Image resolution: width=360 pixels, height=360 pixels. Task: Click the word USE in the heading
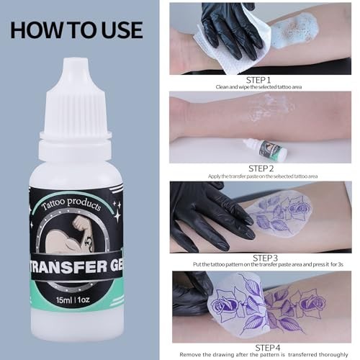pos(122,30)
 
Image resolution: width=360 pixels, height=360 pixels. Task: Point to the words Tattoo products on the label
pos(71,204)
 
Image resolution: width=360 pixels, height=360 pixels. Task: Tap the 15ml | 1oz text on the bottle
pos(73,300)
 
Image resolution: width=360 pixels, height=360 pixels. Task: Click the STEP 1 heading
pos(258,80)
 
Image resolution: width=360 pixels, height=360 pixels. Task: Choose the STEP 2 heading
pos(261,168)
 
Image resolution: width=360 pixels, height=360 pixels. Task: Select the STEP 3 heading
pos(265,258)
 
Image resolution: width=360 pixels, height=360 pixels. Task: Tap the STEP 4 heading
pos(268,348)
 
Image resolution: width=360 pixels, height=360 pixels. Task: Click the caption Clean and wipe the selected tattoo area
pos(258,87)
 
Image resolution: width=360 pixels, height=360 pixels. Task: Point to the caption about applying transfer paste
pos(263,176)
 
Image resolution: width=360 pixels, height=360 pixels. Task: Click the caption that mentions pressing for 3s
pos(268,264)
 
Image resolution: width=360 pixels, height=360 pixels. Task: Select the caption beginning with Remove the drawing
pos(264,354)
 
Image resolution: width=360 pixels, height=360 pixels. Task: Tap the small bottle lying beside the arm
pos(265,148)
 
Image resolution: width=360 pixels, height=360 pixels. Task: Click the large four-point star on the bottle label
pos(117,215)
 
